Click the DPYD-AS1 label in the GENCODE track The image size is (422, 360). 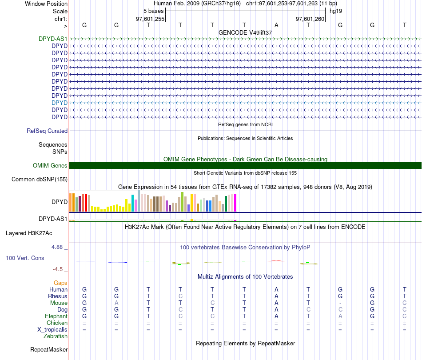(53, 39)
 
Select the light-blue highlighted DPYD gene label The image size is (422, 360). (60, 103)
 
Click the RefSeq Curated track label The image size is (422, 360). (47, 131)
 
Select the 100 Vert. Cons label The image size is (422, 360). (25, 258)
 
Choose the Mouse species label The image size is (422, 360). (59, 303)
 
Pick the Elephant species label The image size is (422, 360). (56, 316)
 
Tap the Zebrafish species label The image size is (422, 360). (55, 336)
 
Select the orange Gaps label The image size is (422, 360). (60, 283)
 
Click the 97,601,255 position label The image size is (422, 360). (150, 19)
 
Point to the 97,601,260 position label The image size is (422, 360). (311, 19)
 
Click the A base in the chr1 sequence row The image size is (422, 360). (276, 25)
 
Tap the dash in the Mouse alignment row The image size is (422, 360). (340, 303)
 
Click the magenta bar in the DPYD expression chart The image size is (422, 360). (235, 203)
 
